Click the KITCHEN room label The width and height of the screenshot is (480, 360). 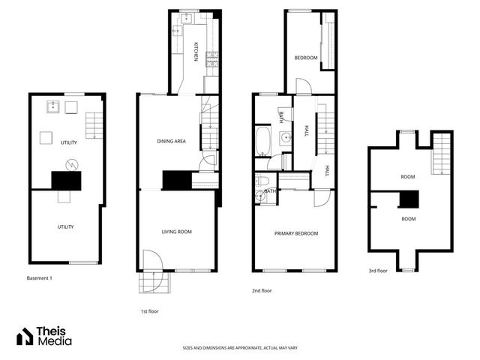coord(196,53)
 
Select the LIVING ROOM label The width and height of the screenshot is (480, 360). coord(177,232)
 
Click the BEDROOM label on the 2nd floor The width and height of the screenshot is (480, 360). coord(305,58)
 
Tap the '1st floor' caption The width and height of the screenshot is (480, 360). coord(149,310)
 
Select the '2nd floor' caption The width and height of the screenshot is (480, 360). coord(262,289)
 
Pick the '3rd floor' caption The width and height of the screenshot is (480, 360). coord(378,271)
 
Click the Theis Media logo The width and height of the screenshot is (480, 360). coord(45,337)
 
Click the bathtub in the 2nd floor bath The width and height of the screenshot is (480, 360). coord(263,140)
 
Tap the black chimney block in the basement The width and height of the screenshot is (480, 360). coord(65,180)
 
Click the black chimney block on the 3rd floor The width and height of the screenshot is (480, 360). coord(408,199)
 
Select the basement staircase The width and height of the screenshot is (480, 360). coord(93,124)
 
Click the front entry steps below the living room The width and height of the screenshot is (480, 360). coord(154,283)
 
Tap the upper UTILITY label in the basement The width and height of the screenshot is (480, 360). coord(70,142)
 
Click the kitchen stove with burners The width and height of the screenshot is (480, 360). coord(211,58)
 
